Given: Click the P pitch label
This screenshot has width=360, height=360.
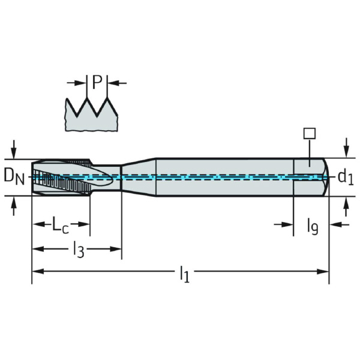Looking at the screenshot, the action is pyautogui.click(x=97, y=82).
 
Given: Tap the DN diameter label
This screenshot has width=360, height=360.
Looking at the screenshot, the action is pyautogui.click(x=14, y=177).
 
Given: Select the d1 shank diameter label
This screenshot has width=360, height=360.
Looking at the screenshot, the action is pyautogui.click(x=346, y=177).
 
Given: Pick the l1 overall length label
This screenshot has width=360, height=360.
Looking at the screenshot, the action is pyautogui.click(x=185, y=274).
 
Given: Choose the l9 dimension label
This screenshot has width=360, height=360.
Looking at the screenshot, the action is pyautogui.click(x=313, y=226).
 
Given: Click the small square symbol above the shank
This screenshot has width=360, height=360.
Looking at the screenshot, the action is pyautogui.click(x=310, y=133).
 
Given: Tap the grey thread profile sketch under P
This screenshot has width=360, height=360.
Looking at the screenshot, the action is pyautogui.click(x=92, y=115).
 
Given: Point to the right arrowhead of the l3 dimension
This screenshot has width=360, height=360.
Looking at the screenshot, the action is pyautogui.click(x=115, y=249).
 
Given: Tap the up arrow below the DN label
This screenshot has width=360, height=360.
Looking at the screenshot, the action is pyautogui.click(x=14, y=206).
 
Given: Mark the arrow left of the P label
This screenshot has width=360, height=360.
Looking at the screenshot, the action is pyautogui.click(x=76, y=83).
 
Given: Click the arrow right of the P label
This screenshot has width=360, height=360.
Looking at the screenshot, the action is pyautogui.click(x=117, y=83).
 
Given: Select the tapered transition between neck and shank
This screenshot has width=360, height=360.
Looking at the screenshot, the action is pyautogui.click(x=139, y=177).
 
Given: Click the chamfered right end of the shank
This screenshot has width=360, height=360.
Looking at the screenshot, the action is pyautogui.click(x=326, y=177).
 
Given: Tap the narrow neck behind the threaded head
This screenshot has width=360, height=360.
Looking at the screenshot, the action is pyautogui.click(x=106, y=177).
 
